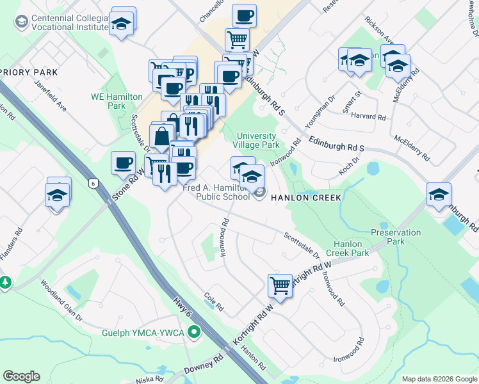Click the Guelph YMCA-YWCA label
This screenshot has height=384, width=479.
tap(143, 333)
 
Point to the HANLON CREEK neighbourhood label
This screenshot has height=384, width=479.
tap(306, 198)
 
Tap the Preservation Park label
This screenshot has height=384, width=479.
tap(396, 237)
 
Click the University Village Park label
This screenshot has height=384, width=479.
tap(257, 140)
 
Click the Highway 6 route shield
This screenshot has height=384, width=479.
tap(93, 184)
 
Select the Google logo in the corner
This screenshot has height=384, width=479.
tap(21, 376)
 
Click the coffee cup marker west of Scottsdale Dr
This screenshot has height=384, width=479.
tap(123, 163)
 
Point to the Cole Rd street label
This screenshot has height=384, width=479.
tap(213, 303)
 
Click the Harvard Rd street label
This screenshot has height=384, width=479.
tap(372, 118)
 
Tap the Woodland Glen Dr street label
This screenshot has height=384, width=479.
tap(61, 300)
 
